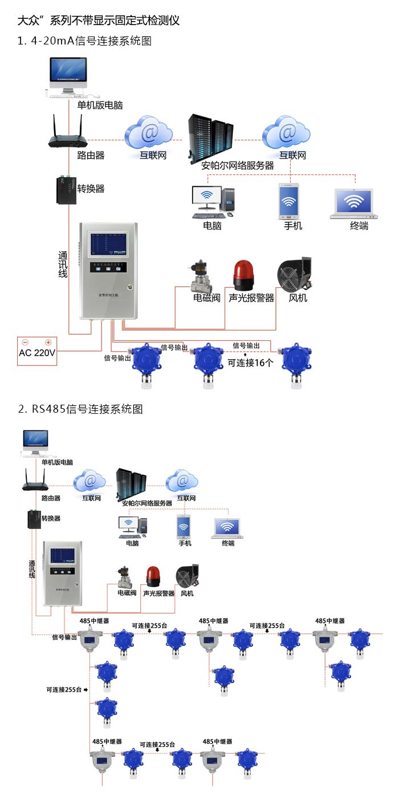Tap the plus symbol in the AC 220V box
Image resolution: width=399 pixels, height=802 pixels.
click(48, 342)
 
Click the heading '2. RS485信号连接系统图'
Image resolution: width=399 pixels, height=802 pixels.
click(80, 409)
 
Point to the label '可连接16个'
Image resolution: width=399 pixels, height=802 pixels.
click(250, 363)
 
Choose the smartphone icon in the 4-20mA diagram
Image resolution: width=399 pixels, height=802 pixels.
click(288, 201)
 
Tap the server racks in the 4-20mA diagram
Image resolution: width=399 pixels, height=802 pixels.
click(211, 137)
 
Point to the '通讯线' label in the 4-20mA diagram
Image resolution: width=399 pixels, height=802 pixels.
click(63, 265)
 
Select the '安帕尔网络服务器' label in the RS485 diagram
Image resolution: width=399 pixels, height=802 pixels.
click(147, 503)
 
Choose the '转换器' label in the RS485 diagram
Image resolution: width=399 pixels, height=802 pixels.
click(51, 518)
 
